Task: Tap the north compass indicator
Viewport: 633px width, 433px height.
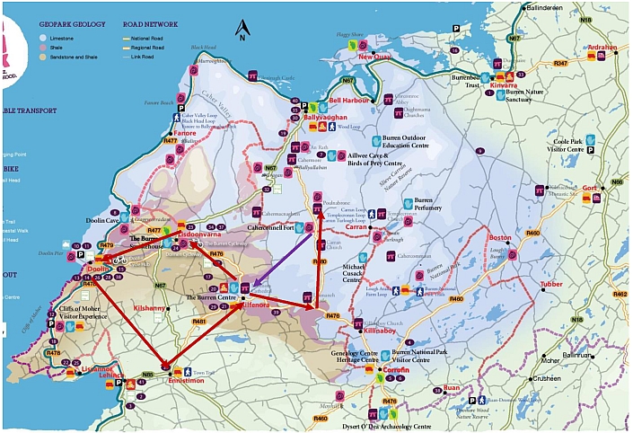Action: coord(241,33)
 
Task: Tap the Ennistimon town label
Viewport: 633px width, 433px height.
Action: coord(188,381)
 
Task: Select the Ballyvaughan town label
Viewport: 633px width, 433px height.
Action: coord(324,118)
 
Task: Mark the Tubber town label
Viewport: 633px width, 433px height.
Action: coord(552,285)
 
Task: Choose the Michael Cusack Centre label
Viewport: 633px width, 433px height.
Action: coord(363,274)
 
